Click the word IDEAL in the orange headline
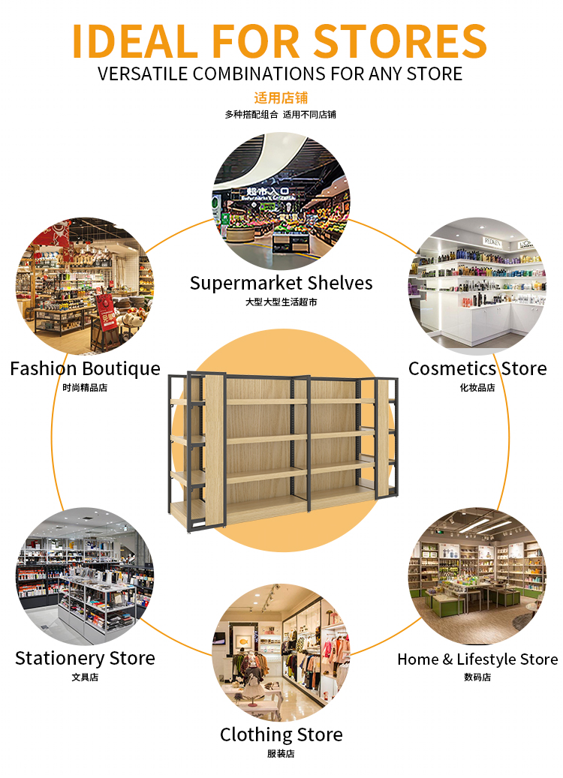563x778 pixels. pyautogui.click(x=135, y=41)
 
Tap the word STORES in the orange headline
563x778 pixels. pyautogui.click(x=400, y=41)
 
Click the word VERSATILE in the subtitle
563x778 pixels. pyautogui.click(x=143, y=74)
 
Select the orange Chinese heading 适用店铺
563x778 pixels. pyautogui.click(x=281, y=98)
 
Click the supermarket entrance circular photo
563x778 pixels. pyautogui.click(x=281, y=201)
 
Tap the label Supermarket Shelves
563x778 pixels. pyautogui.click(x=281, y=284)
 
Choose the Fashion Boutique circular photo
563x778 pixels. pyautogui.click(x=85, y=286)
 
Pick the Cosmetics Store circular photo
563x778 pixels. pyautogui.click(x=477, y=286)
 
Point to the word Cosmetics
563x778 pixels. pyautogui.click(x=452, y=369)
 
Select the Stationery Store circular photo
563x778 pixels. pyautogui.click(x=85, y=576)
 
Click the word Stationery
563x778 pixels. pyautogui.click(x=59, y=659)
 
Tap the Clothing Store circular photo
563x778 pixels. pyautogui.click(x=281, y=653)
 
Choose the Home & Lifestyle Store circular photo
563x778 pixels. pyautogui.click(x=477, y=576)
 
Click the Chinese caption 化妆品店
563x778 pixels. pyautogui.click(x=477, y=388)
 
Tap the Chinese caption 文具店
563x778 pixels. pyautogui.click(x=85, y=677)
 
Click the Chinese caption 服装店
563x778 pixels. pyautogui.click(x=281, y=754)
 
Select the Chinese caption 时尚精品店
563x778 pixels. pyautogui.click(x=85, y=388)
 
